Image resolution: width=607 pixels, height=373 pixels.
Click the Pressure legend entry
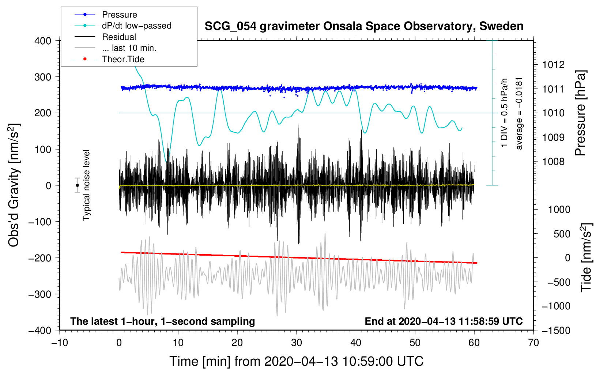tap(119, 15)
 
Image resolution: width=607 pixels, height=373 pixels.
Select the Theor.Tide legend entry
tap(123, 59)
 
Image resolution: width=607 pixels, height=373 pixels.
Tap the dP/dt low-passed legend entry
tap(136, 26)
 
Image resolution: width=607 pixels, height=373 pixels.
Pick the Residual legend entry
tap(119, 37)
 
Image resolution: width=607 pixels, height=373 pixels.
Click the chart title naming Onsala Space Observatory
tap(364, 26)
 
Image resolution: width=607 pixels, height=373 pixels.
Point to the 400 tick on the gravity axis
tap(43, 41)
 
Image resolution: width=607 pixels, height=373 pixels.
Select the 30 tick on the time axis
tap(297, 343)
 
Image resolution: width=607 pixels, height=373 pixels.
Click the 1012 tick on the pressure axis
tap(553, 65)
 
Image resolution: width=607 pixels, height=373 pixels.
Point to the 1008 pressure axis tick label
tap(553, 162)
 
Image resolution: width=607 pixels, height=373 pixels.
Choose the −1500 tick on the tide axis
tap(556, 331)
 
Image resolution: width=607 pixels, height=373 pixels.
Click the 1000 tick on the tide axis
tap(559, 210)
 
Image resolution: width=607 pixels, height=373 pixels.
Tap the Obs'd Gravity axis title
tap(14, 185)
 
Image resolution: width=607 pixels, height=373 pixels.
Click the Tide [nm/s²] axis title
tap(586, 257)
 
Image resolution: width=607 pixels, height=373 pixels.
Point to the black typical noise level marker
tap(77, 185)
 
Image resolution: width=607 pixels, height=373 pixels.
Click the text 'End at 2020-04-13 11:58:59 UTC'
tap(444, 321)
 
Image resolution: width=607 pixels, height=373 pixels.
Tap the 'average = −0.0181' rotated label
tap(519, 113)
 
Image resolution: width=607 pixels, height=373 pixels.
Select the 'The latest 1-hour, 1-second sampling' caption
tap(163, 321)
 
